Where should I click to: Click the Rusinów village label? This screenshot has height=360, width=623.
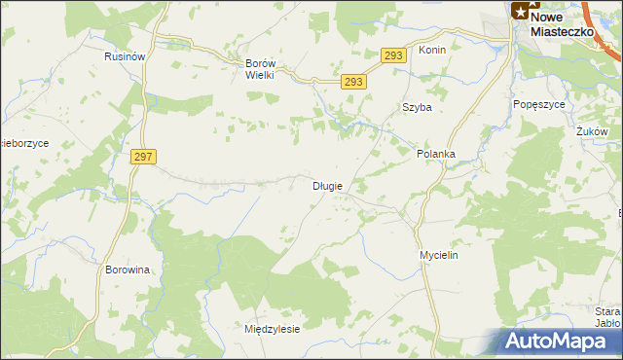pyautogui.click(x=125, y=57)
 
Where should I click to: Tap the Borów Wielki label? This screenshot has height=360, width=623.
pyautogui.click(x=262, y=70)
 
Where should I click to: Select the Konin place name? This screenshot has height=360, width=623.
pyautogui.click(x=431, y=50)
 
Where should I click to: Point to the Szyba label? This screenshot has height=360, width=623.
pyautogui.click(x=417, y=108)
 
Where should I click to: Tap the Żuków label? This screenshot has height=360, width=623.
pyautogui.click(x=591, y=131)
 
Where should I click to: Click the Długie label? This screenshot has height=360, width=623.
pyautogui.click(x=326, y=186)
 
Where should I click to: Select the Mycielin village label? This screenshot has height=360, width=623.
pyautogui.click(x=438, y=255)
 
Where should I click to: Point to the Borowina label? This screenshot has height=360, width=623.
pyautogui.click(x=127, y=270)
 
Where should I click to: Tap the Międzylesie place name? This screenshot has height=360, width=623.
pyautogui.click(x=272, y=329)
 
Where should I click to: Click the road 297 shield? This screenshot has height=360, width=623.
pyautogui.click(x=141, y=157)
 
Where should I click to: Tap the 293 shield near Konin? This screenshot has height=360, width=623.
pyautogui.click(x=392, y=56)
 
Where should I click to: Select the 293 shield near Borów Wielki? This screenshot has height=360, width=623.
pyautogui.click(x=354, y=83)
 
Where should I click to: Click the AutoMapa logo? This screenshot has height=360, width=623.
pyautogui.click(x=560, y=342)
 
